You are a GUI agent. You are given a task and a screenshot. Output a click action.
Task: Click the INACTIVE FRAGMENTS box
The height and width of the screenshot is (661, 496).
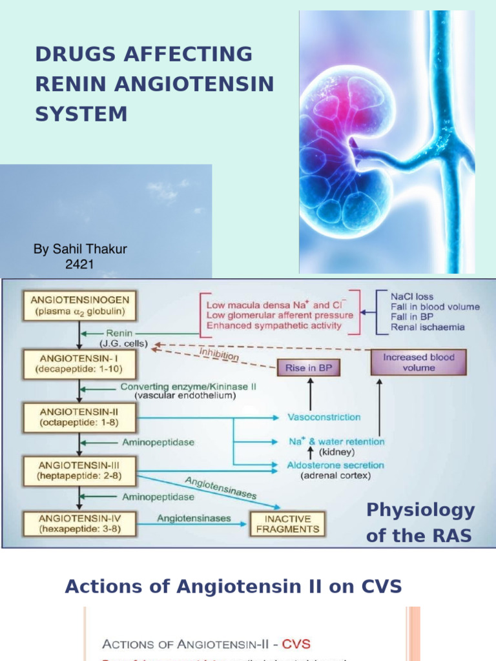[288, 524]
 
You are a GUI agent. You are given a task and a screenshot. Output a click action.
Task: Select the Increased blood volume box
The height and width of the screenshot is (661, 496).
[418, 362]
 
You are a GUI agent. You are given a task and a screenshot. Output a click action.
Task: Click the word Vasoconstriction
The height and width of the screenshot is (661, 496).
[324, 417]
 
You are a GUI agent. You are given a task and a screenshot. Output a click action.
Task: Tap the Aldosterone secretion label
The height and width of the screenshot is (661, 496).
[336, 465]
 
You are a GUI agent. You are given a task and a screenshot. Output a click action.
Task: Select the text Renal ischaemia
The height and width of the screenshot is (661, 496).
[428, 327]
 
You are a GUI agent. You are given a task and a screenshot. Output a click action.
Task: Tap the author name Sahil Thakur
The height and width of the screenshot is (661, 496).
[80, 249]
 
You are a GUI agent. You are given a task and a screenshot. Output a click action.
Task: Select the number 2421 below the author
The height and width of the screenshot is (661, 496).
[80, 263]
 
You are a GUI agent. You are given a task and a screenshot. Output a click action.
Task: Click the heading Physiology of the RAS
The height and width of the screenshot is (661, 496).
[420, 523]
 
